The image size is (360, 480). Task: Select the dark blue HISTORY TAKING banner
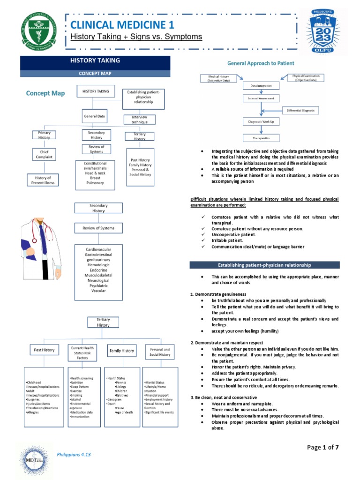click(95, 60)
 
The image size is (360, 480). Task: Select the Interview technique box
click(139, 120)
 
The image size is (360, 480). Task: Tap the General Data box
click(95, 115)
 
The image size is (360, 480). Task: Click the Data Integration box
click(261, 86)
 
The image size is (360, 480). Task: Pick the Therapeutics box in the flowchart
click(261, 138)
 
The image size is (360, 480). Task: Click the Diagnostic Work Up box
click(261, 122)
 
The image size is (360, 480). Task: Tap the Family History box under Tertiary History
click(121, 350)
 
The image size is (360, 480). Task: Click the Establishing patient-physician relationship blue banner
click(264, 265)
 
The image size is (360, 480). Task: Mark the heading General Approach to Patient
click(261, 62)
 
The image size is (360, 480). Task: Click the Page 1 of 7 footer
click(322, 447)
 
